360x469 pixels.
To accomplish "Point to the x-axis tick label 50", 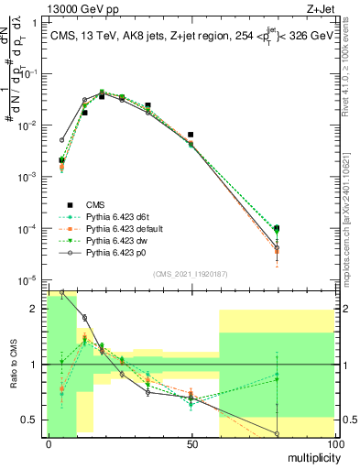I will pos(191,444).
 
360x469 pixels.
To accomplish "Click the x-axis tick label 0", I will pos(48,444).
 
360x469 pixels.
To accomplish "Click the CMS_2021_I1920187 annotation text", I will pos(191,273).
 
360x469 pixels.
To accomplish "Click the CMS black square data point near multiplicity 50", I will pos(191,135).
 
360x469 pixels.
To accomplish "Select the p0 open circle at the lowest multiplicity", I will pos(61,141).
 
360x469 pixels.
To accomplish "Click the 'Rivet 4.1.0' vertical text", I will pos(348,64).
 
